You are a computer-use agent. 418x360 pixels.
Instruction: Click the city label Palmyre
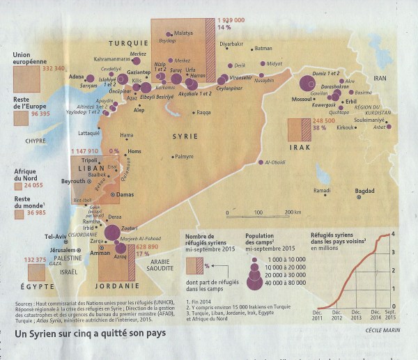(x=184, y=157)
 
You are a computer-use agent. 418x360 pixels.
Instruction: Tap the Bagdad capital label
(x=364, y=191)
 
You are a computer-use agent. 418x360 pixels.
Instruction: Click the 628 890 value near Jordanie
(x=146, y=246)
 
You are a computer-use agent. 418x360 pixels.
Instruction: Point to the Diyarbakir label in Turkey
(x=231, y=44)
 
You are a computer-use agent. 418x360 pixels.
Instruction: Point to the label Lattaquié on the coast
(x=88, y=132)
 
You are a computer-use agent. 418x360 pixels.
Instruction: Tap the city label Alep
(x=139, y=110)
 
